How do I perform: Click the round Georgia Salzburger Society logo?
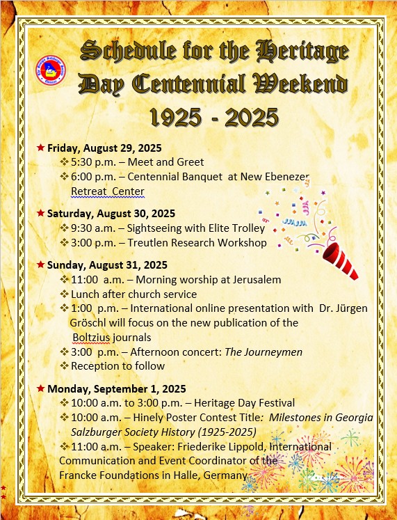click(x=51, y=70)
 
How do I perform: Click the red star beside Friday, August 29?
click(x=40, y=148)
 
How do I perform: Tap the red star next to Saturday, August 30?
click(x=40, y=213)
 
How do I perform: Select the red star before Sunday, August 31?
click(x=40, y=265)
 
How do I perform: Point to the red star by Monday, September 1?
click(x=40, y=388)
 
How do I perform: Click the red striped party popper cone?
click(x=340, y=260)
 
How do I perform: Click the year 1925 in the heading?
click(x=176, y=117)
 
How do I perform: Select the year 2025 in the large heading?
click(x=252, y=117)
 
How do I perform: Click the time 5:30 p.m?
click(x=93, y=162)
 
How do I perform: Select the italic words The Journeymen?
click(x=264, y=352)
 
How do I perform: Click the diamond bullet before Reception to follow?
click(x=64, y=365)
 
